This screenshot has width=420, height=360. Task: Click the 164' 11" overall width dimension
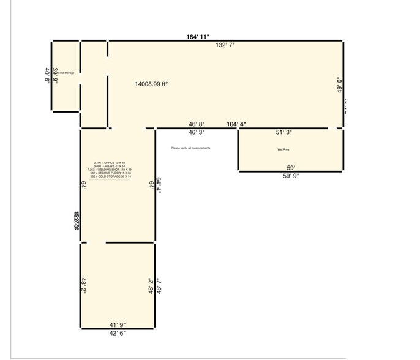(x=198, y=37)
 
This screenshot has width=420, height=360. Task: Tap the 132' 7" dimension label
(x=224, y=45)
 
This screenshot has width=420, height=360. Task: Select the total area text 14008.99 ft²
(x=151, y=84)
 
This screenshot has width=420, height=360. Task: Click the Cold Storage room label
(x=66, y=73)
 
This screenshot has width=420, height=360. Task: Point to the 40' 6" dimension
(x=47, y=77)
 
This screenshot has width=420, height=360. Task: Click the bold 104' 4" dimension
(x=236, y=124)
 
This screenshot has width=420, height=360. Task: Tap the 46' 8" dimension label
(x=197, y=124)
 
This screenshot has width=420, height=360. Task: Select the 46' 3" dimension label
(x=197, y=132)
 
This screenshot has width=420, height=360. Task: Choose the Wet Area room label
(x=283, y=149)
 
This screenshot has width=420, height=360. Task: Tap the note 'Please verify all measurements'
(x=191, y=148)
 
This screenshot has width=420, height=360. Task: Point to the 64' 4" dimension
(x=159, y=186)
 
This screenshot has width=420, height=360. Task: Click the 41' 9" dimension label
(x=117, y=324)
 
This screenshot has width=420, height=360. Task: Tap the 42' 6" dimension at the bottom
(x=117, y=333)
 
